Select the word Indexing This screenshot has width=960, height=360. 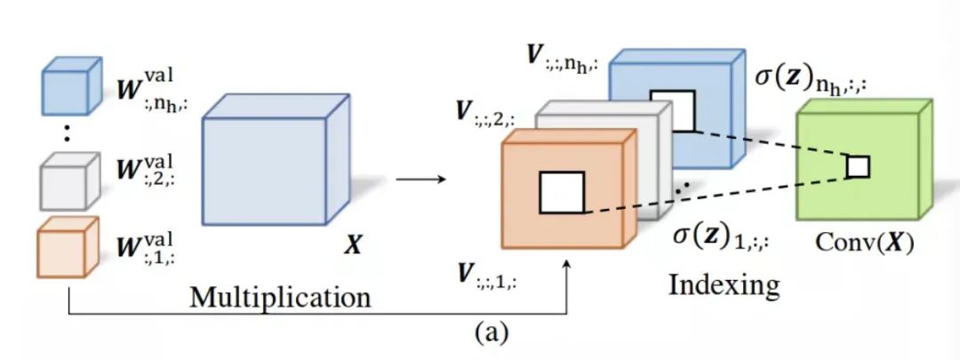click(724, 285)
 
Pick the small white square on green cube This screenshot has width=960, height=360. click(857, 166)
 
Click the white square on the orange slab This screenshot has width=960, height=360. click(562, 193)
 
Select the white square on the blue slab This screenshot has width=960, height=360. click(672, 110)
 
